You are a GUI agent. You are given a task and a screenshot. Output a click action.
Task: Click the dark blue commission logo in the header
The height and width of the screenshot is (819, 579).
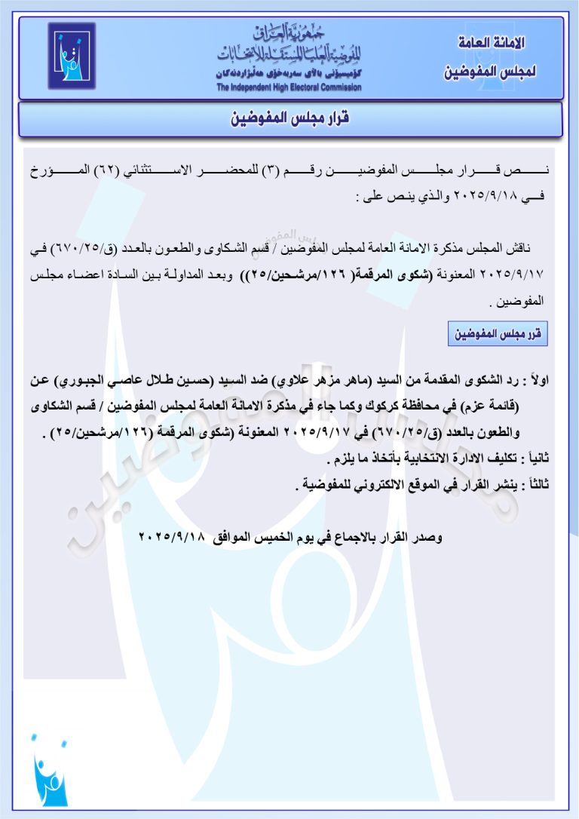click(72, 56)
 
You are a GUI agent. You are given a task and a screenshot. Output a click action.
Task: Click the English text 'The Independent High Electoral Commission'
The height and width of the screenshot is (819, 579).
click(289, 87)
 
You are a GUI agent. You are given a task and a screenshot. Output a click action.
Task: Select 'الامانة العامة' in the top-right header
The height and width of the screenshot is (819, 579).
click(492, 43)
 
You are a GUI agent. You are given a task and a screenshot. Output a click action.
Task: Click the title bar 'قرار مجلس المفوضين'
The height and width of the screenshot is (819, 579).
click(289, 118)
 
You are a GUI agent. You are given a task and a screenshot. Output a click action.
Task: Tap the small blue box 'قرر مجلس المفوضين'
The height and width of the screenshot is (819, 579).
click(498, 332)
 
